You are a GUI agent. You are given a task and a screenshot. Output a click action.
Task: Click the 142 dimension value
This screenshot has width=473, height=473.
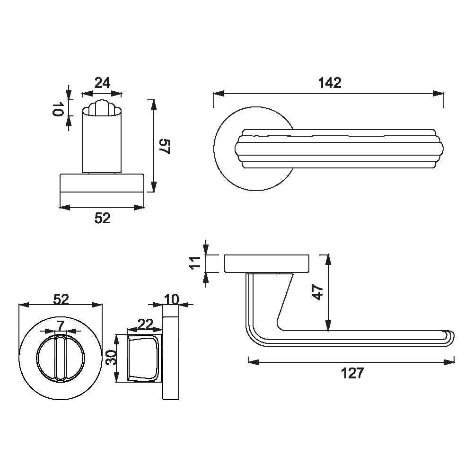330,83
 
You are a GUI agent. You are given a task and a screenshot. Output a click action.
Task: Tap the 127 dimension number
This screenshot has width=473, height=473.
352,373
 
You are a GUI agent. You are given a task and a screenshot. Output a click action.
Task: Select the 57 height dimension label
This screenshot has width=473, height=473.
165,147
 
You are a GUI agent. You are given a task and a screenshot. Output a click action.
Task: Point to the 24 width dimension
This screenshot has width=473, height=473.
102,83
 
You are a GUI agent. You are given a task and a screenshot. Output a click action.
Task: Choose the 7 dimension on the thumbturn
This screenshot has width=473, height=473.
61,326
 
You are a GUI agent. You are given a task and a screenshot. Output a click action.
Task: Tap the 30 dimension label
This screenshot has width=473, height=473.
112,358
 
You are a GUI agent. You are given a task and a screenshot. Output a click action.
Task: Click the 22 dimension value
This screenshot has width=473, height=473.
145,324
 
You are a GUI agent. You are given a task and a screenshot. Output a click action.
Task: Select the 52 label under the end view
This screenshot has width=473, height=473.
103,218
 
